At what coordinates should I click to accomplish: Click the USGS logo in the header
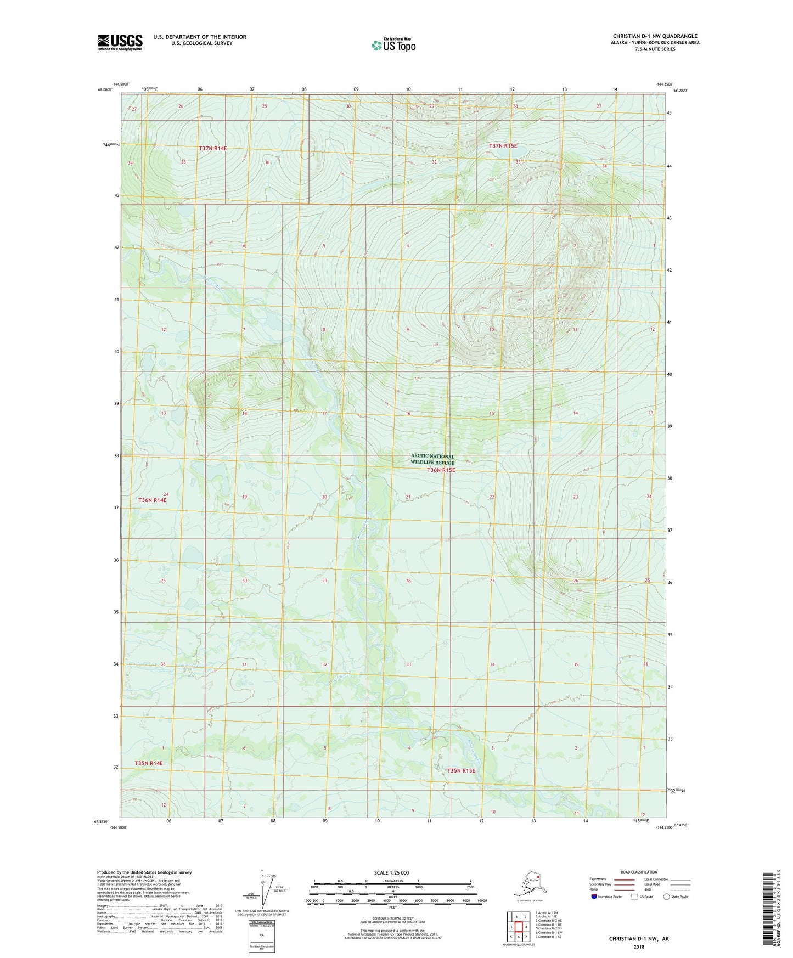click(120, 42)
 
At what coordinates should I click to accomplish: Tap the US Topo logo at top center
click(393, 44)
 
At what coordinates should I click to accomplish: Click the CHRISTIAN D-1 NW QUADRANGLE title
click(655, 36)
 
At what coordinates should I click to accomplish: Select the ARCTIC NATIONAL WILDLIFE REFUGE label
click(432, 459)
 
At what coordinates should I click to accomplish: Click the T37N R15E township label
click(503, 146)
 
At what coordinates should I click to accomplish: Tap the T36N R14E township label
click(152, 500)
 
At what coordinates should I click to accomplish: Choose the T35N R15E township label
click(461, 770)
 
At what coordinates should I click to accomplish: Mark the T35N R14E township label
click(149, 763)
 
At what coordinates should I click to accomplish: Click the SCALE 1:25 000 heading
click(392, 872)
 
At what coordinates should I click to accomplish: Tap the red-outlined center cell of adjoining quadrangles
click(518, 927)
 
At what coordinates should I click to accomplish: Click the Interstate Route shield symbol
click(594, 897)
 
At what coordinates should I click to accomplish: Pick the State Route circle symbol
click(666, 897)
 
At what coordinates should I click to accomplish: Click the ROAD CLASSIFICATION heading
click(639, 872)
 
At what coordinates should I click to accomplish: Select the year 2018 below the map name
click(639, 946)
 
